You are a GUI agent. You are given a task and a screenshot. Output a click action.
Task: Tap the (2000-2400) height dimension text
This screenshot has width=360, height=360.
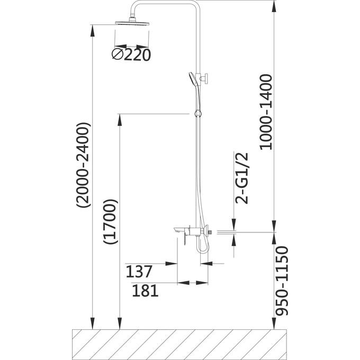point(84,167)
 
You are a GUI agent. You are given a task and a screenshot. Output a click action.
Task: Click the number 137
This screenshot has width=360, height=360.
point(139,272)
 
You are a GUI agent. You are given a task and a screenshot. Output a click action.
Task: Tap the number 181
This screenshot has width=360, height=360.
point(145,291)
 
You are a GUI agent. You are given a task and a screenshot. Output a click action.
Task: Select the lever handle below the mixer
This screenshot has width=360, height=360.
point(179,241)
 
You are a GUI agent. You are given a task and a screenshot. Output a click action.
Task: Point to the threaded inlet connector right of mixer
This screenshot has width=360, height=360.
point(211,231)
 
